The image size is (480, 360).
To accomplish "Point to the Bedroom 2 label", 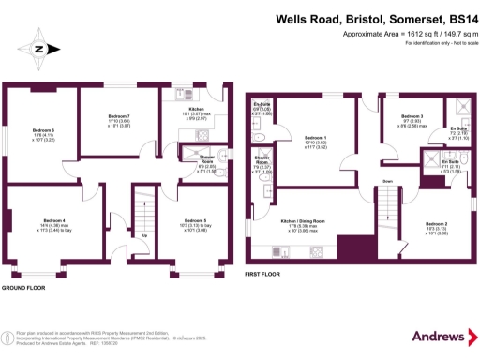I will tap(437, 224).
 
